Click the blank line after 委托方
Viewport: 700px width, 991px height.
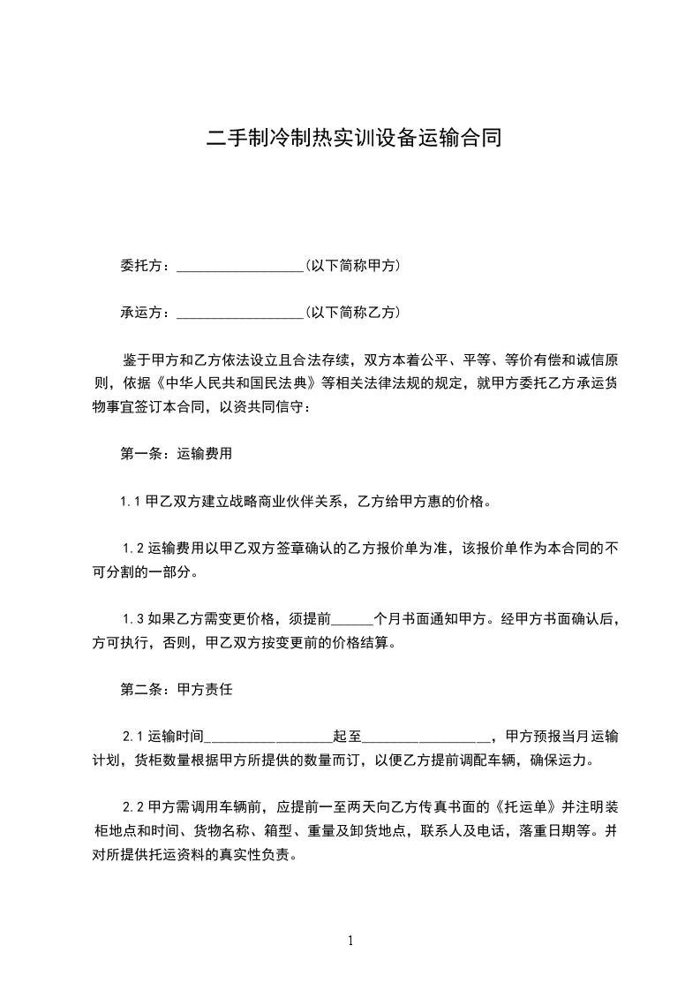240,267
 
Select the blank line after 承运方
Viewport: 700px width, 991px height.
240,314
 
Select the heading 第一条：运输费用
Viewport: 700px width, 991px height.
176,455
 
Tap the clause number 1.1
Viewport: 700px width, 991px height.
132,503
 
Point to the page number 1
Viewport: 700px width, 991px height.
350,942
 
